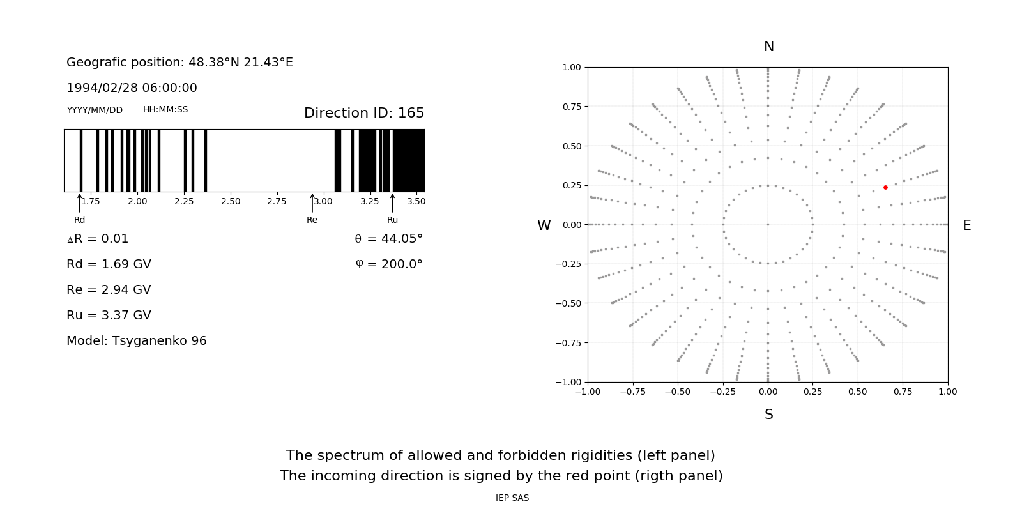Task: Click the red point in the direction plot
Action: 885,187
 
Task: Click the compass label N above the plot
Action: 769,47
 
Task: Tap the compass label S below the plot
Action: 769,415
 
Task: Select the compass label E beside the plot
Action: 966,225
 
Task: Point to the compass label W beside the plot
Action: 544,225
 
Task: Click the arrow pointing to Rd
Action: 80,202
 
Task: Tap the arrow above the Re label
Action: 312,202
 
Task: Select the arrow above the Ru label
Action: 392,202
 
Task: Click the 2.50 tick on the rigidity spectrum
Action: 231,201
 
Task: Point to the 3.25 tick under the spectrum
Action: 369,201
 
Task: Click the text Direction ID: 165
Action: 364,113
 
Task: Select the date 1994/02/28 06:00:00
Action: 132,88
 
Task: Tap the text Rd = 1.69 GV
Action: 109,264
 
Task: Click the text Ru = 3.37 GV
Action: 109,315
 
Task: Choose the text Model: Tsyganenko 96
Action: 137,340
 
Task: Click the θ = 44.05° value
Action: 388,238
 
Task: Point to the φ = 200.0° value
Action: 389,264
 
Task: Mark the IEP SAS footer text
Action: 512,498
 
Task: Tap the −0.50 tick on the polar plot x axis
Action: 678,392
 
